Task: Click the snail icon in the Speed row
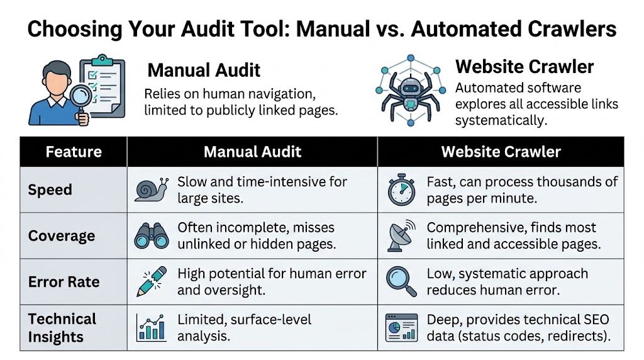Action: pos(151,189)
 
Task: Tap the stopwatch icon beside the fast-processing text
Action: pos(401,190)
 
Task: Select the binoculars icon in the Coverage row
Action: pos(151,236)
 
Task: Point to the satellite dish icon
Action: pos(401,236)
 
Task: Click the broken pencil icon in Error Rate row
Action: pos(151,281)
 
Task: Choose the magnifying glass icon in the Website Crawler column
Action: pos(401,281)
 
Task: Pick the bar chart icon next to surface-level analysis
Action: pos(151,327)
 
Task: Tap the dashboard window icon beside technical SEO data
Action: pos(401,327)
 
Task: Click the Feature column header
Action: pos(74,152)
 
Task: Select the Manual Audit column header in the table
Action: pos(252,152)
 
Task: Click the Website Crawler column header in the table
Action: pos(501,152)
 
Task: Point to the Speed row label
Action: pos(50,189)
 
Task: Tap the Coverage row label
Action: pos(62,236)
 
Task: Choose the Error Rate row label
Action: pos(64,281)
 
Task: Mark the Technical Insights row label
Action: pos(62,328)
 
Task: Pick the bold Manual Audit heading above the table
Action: pos(203,70)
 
